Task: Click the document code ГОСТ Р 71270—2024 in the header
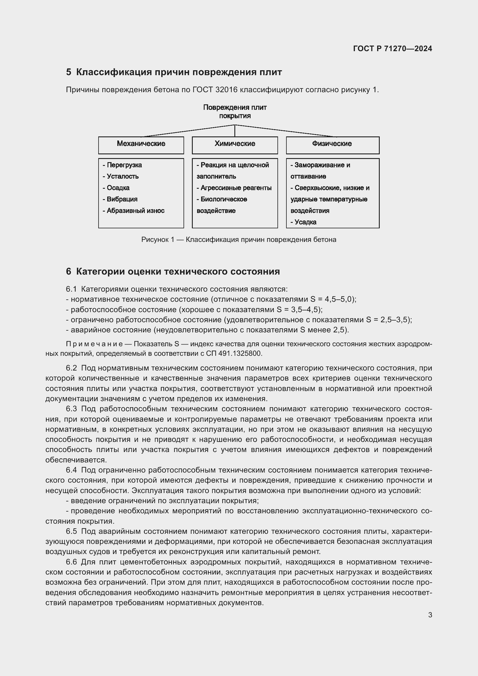392,49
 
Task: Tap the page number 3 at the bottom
430,615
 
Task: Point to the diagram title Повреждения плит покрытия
235,112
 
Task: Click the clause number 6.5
71,531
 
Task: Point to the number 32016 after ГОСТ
226,90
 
